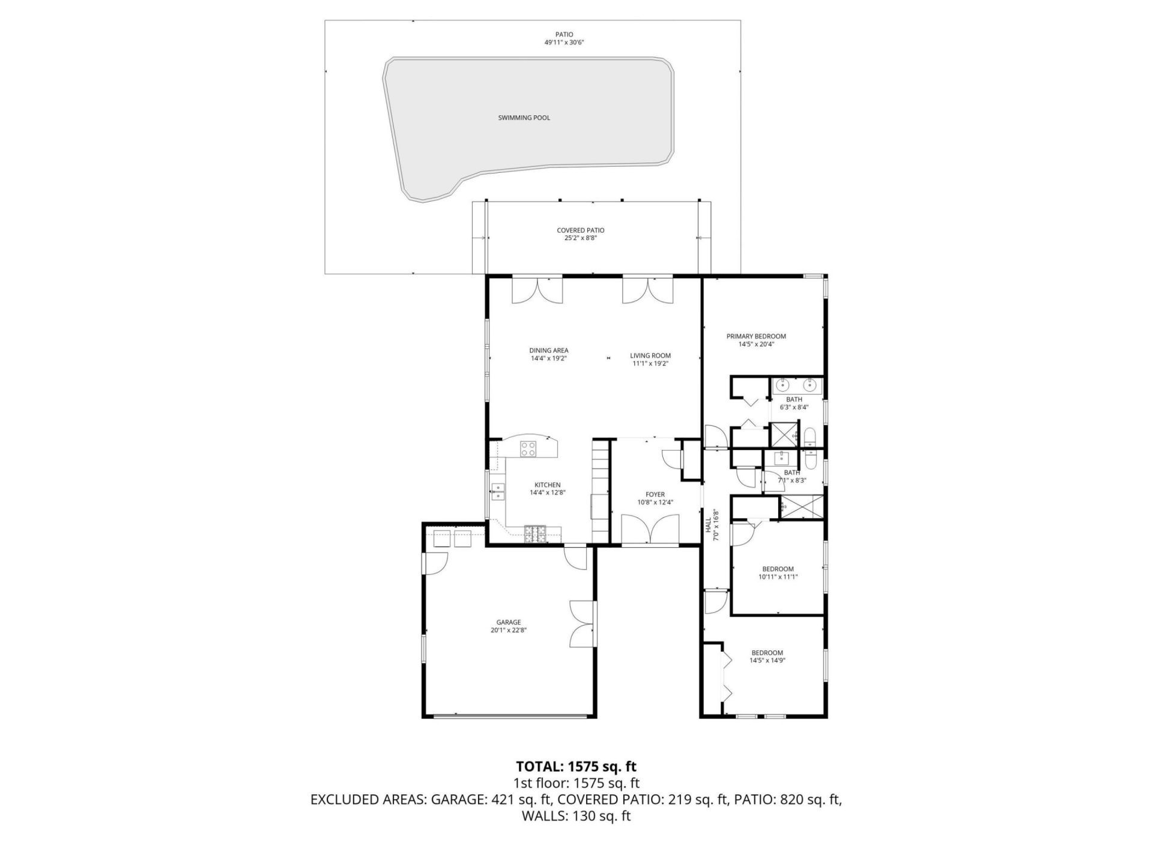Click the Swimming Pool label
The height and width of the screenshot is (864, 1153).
(524, 118)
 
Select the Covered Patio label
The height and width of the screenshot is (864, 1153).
(580, 230)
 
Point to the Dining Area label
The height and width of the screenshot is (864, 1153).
(548, 350)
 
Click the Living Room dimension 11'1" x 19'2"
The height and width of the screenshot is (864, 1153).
(650, 364)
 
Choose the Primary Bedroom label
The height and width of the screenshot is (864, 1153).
(755, 336)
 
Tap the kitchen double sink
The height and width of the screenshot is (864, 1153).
(498, 492)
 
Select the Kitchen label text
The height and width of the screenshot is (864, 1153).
(547, 485)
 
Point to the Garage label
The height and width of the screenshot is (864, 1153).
(508, 622)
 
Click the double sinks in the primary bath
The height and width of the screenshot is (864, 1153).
(797, 385)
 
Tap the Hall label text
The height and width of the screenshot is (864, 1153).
(708, 526)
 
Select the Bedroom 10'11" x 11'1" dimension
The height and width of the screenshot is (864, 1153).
(778, 577)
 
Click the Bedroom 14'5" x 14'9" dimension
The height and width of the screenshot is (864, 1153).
(767, 661)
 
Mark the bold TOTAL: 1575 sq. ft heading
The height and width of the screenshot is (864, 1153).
(576, 766)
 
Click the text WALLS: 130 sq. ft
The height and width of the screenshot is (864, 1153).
(576, 816)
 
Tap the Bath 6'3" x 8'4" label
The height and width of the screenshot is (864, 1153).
(794, 403)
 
